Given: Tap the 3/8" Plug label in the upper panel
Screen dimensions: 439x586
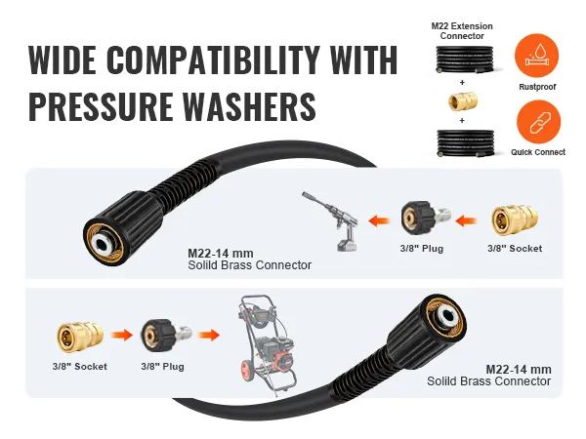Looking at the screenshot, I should coord(423,249).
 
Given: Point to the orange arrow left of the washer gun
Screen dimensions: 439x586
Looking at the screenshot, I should coord(380,220).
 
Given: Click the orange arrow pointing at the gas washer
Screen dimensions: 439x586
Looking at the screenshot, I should coord(207,338).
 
